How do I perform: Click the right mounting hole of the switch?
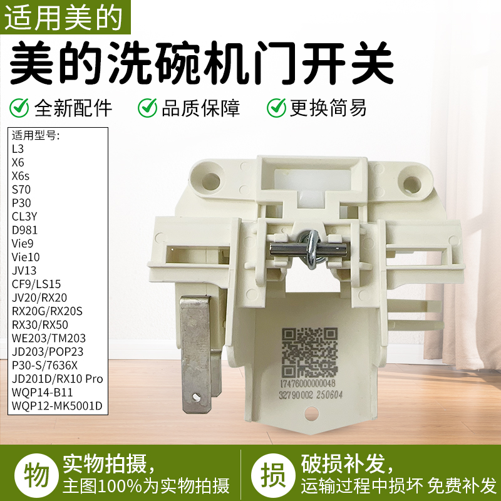tap(411, 183)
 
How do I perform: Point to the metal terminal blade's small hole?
tap(197, 396)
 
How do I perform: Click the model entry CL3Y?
tap(26, 216)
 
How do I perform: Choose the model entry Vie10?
tap(26, 257)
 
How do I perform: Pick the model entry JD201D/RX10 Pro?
tap(57, 379)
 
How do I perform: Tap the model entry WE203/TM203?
tap(49, 338)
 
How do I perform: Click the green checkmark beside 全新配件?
tap(20, 107)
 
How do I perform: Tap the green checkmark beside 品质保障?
tap(148, 107)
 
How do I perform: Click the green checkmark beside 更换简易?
tap(276, 107)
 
